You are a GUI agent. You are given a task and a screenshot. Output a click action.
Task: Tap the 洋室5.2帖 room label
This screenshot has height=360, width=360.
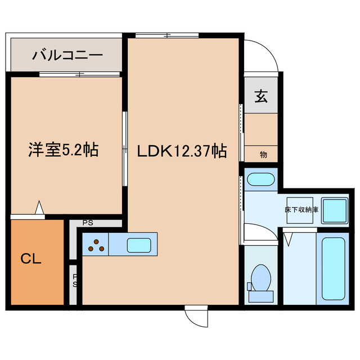tap(64, 150)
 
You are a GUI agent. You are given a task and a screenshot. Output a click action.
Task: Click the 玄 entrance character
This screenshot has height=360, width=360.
tap(261, 96)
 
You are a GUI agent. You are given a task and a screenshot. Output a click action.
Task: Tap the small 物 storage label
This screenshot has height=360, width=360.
tap(263, 154)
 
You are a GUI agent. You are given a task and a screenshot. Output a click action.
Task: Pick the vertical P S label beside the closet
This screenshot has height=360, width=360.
tap(75, 280)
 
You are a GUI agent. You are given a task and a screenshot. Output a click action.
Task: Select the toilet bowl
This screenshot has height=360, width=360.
tap(260, 277)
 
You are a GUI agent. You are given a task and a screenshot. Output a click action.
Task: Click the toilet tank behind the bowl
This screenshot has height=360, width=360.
tap(260, 295)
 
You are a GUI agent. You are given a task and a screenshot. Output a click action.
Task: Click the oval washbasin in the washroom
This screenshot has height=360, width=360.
tap(260, 181)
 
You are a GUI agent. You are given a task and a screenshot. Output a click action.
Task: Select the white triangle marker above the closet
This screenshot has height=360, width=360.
tap(39, 208)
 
